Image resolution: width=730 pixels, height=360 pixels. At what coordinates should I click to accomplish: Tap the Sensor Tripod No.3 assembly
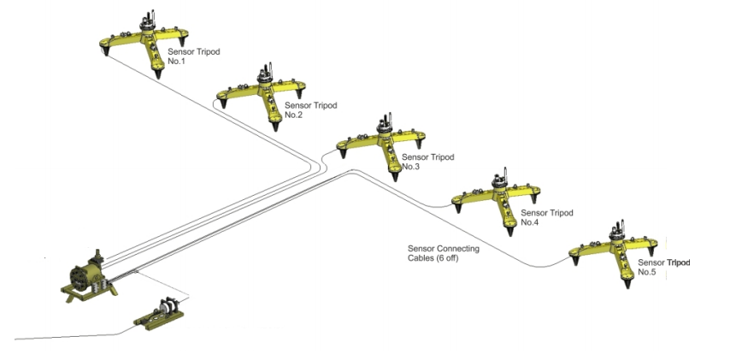click(385, 146)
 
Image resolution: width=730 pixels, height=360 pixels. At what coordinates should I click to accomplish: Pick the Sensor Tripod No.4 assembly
click(499, 200)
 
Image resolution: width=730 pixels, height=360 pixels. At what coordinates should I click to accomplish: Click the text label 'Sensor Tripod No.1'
click(193, 56)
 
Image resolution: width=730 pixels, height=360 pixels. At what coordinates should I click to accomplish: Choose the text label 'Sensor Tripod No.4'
click(546, 216)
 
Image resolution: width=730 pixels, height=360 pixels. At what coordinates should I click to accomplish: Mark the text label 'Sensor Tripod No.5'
click(662, 267)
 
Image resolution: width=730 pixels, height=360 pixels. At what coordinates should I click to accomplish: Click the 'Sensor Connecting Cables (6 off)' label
click(443, 253)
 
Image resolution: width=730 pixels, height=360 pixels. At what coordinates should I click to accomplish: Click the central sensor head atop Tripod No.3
click(385, 125)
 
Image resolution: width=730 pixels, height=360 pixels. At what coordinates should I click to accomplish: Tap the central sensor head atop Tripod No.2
click(264, 74)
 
